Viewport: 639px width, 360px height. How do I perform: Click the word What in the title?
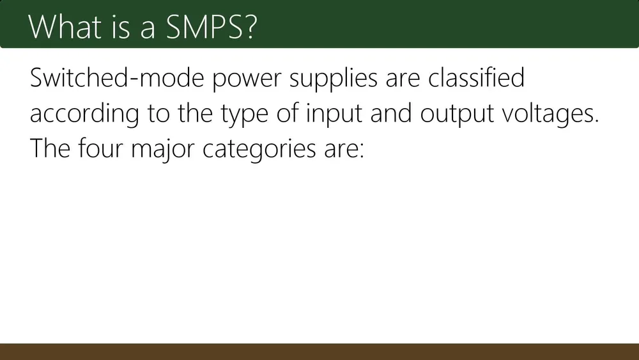65,27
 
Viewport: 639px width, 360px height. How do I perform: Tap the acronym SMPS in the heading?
204,27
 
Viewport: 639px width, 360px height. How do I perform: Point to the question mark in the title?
251,27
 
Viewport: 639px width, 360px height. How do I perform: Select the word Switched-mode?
117,77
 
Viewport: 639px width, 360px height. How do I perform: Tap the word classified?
476,77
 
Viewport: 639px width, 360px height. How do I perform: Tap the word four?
100,148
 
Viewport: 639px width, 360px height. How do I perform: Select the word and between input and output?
391,113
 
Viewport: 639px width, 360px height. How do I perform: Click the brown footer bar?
319,352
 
